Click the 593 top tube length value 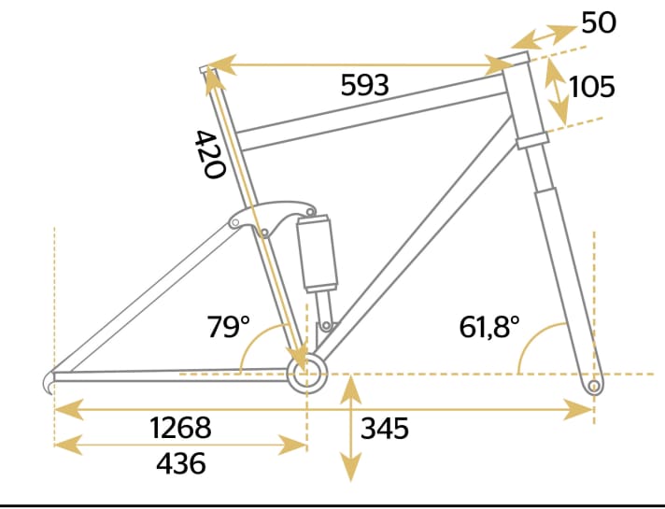(364, 86)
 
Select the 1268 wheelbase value (180, 429)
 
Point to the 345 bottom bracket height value (385, 429)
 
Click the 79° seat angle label (228, 328)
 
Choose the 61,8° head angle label (489, 328)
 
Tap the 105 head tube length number (591, 87)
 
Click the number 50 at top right (599, 22)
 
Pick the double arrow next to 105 (558, 88)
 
